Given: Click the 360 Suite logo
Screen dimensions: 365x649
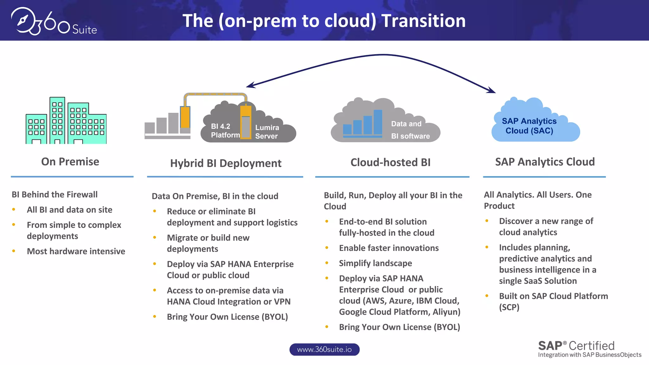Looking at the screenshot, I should (x=54, y=22).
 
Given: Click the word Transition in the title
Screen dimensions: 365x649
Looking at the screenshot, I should (x=423, y=21).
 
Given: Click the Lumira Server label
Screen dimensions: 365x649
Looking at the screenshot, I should (x=267, y=132).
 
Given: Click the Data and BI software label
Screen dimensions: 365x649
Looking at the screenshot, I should (x=410, y=130).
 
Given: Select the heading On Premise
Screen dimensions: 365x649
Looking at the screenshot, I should (x=70, y=162).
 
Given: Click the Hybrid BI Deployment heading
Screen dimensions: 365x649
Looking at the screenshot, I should (x=226, y=163).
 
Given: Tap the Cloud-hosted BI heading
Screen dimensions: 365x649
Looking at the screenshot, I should (x=390, y=162).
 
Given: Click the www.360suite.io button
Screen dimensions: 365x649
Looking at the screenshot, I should (x=324, y=349).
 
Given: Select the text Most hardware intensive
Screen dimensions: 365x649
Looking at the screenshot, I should (x=76, y=251).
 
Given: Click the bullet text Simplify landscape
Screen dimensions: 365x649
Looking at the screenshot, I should (x=376, y=263).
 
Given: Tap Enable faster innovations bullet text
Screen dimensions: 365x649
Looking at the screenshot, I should (x=389, y=248).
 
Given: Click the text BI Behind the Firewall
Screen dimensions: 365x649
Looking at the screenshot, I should (x=55, y=195).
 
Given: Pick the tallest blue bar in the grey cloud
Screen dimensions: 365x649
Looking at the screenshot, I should (x=378, y=122).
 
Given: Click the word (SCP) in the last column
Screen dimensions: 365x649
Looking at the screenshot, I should (x=509, y=307).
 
